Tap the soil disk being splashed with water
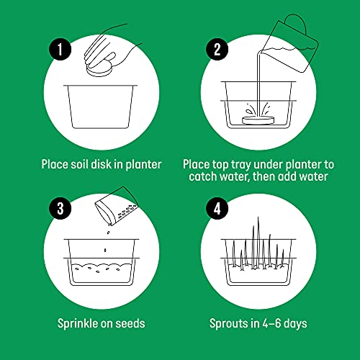(261, 120)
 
